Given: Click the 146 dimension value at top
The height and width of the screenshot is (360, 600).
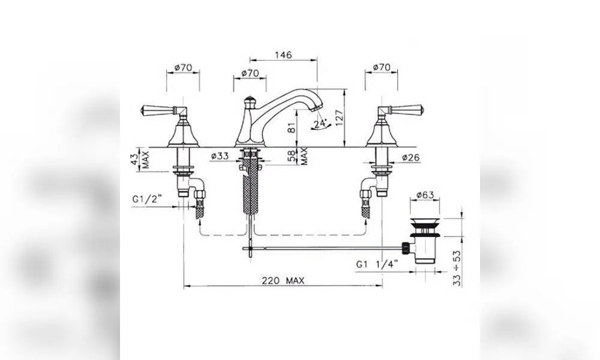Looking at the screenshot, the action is pos(283,55).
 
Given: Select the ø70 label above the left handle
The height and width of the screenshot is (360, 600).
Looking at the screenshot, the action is pos(183,68).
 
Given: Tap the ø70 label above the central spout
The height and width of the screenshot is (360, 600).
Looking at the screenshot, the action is pos(250,73).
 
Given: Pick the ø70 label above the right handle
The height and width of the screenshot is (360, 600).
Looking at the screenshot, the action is pos(382,67).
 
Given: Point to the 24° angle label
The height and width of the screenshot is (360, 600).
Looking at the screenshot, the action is pos(320,123).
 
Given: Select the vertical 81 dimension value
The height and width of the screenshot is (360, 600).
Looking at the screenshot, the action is pos(292,128).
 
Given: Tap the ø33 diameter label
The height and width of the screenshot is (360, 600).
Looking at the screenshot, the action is pos(220,156).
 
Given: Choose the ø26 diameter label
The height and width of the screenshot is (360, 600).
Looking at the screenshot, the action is pos(410,157).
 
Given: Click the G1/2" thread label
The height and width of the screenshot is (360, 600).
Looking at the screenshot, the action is pos(147,199).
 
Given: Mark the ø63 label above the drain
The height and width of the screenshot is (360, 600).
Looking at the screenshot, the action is pos(425,195).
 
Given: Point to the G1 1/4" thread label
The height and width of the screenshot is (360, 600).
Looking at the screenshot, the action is pos(377,264).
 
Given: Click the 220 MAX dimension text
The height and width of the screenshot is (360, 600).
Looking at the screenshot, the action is pos(283,281).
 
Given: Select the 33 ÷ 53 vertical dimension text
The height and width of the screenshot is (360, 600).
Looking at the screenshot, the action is pos(457,268).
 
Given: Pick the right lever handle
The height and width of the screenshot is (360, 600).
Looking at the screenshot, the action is pos(400,110).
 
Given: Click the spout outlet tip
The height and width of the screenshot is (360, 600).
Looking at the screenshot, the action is pos(316,108).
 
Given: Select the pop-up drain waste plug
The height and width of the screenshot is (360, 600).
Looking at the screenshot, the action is pos(425,240).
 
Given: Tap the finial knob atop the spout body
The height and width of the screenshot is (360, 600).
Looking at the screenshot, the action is pos(250,101).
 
